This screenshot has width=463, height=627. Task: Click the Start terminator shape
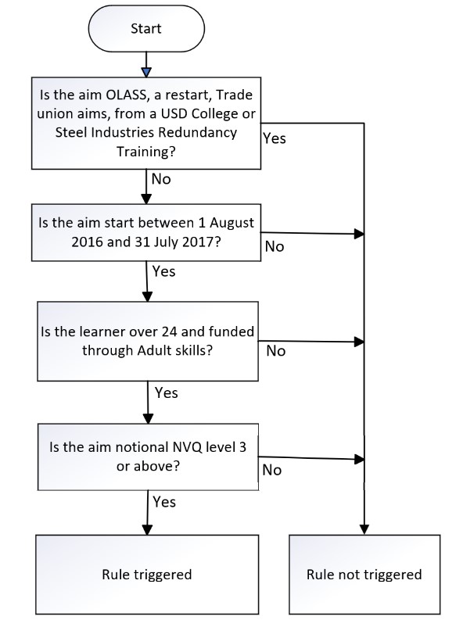click(146, 28)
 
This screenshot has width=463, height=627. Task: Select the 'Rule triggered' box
click(147, 574)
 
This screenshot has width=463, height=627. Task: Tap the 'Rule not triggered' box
click(364, 574)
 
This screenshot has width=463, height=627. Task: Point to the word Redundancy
click(204, 132)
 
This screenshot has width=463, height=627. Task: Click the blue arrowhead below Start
click(146, 73)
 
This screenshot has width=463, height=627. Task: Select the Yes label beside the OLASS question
click(275, 138)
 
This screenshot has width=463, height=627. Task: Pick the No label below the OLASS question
click(161, 179)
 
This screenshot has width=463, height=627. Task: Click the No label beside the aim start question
click(275, 246)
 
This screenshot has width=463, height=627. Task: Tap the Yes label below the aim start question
click(163, 271)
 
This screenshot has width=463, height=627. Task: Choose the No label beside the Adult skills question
click(276, 351)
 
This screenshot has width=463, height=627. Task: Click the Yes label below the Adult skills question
click(166, 392)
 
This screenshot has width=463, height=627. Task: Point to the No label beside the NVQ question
click(271, 470)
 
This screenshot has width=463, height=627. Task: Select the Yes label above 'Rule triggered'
click(164, 501)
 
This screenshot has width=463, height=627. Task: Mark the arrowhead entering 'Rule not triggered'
click(364, 529)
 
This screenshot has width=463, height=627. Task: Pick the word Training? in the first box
click(146, 152)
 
